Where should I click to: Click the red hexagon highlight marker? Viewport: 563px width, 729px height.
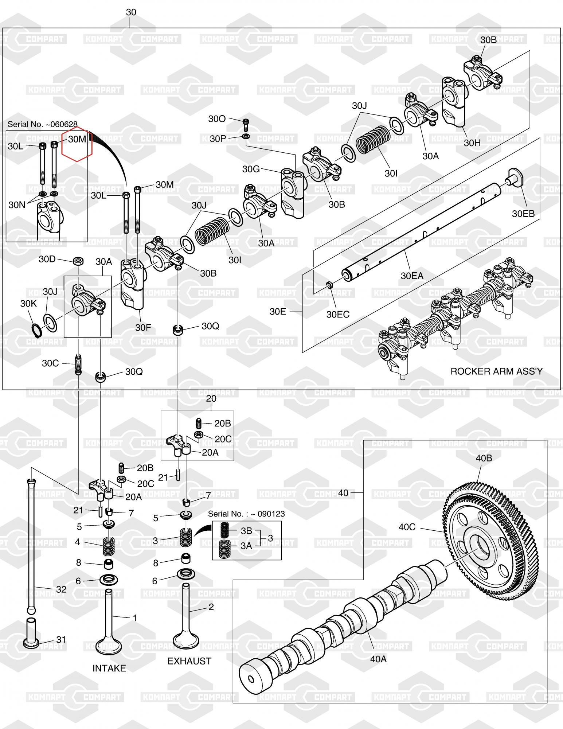pyautogui.click(x=77, y=145)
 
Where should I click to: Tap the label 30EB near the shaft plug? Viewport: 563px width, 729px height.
pyautogui.click(x=523, y=214)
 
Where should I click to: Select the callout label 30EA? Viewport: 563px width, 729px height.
pyautogui.click(x=412, y=276)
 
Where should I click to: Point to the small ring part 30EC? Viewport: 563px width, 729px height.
pyautogui.click(x=329, y=285)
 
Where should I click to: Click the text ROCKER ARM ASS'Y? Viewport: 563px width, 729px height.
pyautogui.click(x=496, y=371)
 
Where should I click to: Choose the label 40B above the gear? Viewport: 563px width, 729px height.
pyautogui.click(x=484, y=458)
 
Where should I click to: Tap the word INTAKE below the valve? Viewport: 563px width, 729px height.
pyautogui.click(x=109, y=668)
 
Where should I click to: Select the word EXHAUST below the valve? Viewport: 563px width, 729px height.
pyautogui.click(x=189, y=661)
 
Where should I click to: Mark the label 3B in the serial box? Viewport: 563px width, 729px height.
pyautogui.click(x=246, y=531)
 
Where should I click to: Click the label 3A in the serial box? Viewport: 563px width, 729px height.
pyautogui.click(x=246, y=545)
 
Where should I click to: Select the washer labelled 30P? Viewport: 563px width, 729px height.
pyautogui.click(x=246, y=136)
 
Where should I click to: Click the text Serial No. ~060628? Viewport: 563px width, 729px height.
pyautogui.click(x=42, y=124)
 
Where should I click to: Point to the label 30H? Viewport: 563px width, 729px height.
pyautogui.click(x=472, y=143)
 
